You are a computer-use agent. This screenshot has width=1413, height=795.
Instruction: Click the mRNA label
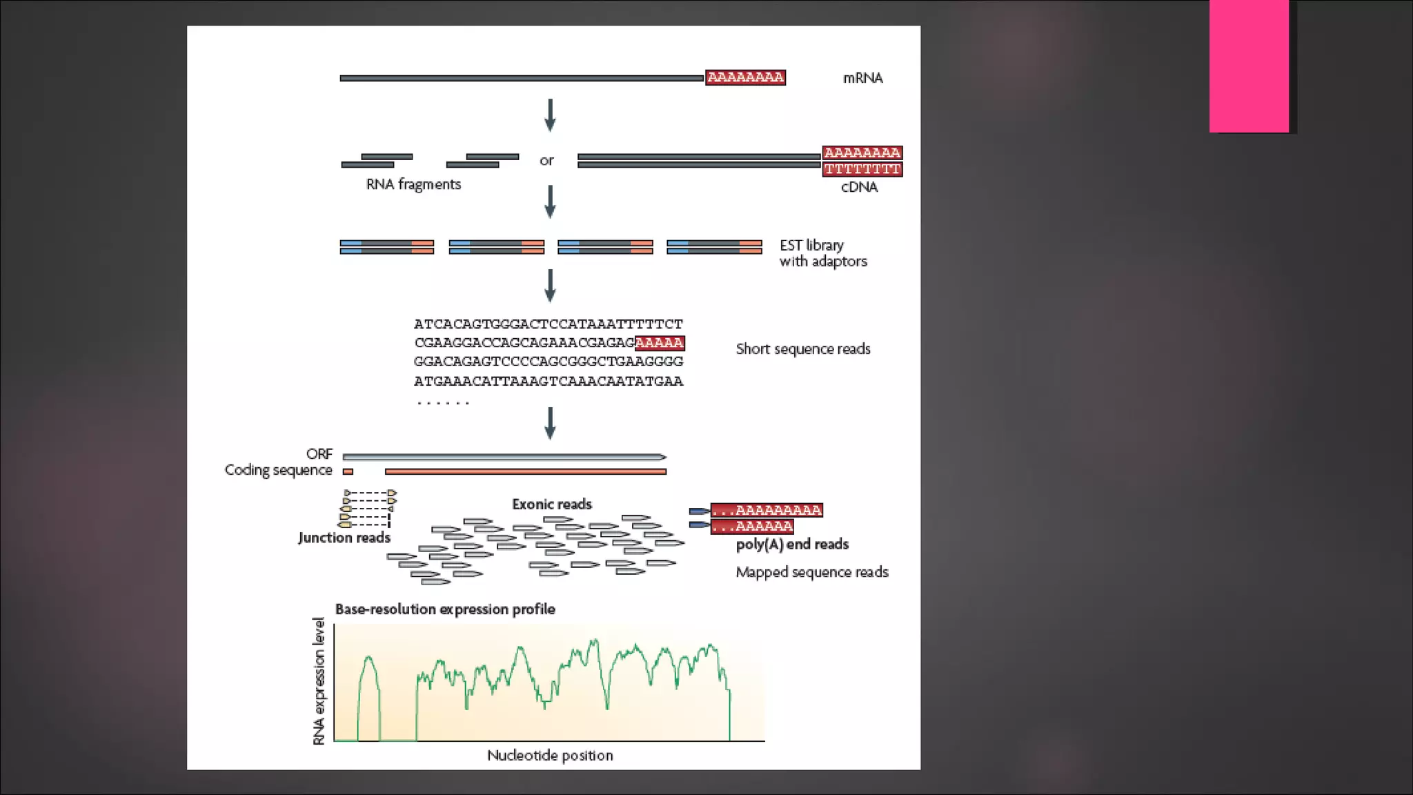(862, 78)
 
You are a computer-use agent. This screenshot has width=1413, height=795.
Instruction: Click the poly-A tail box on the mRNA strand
(745, 77)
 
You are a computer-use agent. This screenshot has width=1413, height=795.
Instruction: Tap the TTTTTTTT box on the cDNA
(862, 169)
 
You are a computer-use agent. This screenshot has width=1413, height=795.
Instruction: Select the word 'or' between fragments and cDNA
(546, 161)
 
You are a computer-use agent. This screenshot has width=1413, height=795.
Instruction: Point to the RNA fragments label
(413, 184)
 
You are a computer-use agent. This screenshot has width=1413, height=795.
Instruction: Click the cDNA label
(859, 187)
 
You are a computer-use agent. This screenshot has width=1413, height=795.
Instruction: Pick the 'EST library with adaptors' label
(822, 253)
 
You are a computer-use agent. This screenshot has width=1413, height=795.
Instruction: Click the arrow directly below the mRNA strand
(550, 115)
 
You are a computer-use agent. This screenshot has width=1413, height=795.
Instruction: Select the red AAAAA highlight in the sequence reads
(659, 343)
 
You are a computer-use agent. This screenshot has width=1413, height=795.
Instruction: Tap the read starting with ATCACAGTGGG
(548, 324)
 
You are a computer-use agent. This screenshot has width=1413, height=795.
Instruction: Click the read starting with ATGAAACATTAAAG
(548, 381)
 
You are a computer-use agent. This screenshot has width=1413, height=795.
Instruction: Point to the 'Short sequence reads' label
(803, 349)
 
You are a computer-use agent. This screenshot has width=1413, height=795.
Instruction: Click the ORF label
(319, 454)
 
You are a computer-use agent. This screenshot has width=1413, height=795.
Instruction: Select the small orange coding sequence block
(348, 472)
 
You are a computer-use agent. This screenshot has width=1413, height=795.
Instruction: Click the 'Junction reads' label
(344, 538)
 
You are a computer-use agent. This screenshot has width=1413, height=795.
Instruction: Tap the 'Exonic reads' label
(552, 504)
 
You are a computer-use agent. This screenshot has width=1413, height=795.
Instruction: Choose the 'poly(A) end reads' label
(792, 544)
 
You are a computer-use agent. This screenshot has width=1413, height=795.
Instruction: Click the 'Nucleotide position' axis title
(550, 756)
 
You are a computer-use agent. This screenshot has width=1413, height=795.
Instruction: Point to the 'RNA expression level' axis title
(319, 681)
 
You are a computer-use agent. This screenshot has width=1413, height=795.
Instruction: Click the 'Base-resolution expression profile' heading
(445, 609)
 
